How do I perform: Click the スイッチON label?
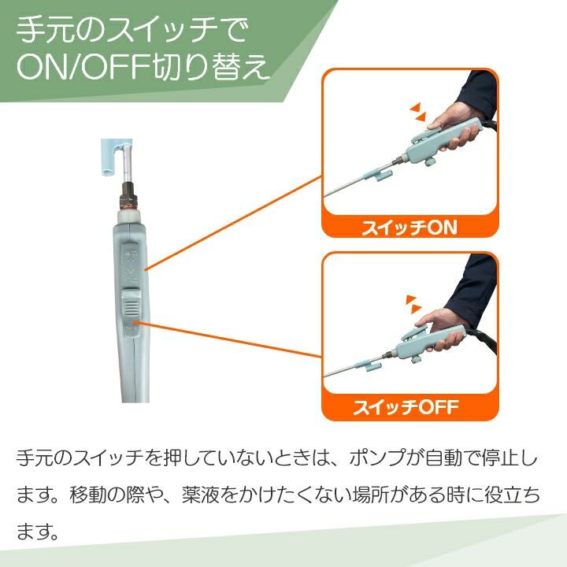409,228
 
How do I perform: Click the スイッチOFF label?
406,407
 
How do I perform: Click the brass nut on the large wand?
128,196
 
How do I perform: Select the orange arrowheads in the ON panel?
418,112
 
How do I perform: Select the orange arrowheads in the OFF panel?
413,304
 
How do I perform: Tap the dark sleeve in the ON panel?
476,94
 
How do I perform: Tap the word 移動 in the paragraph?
89,495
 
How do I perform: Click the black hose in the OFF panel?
484,341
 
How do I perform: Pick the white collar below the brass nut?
128,217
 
